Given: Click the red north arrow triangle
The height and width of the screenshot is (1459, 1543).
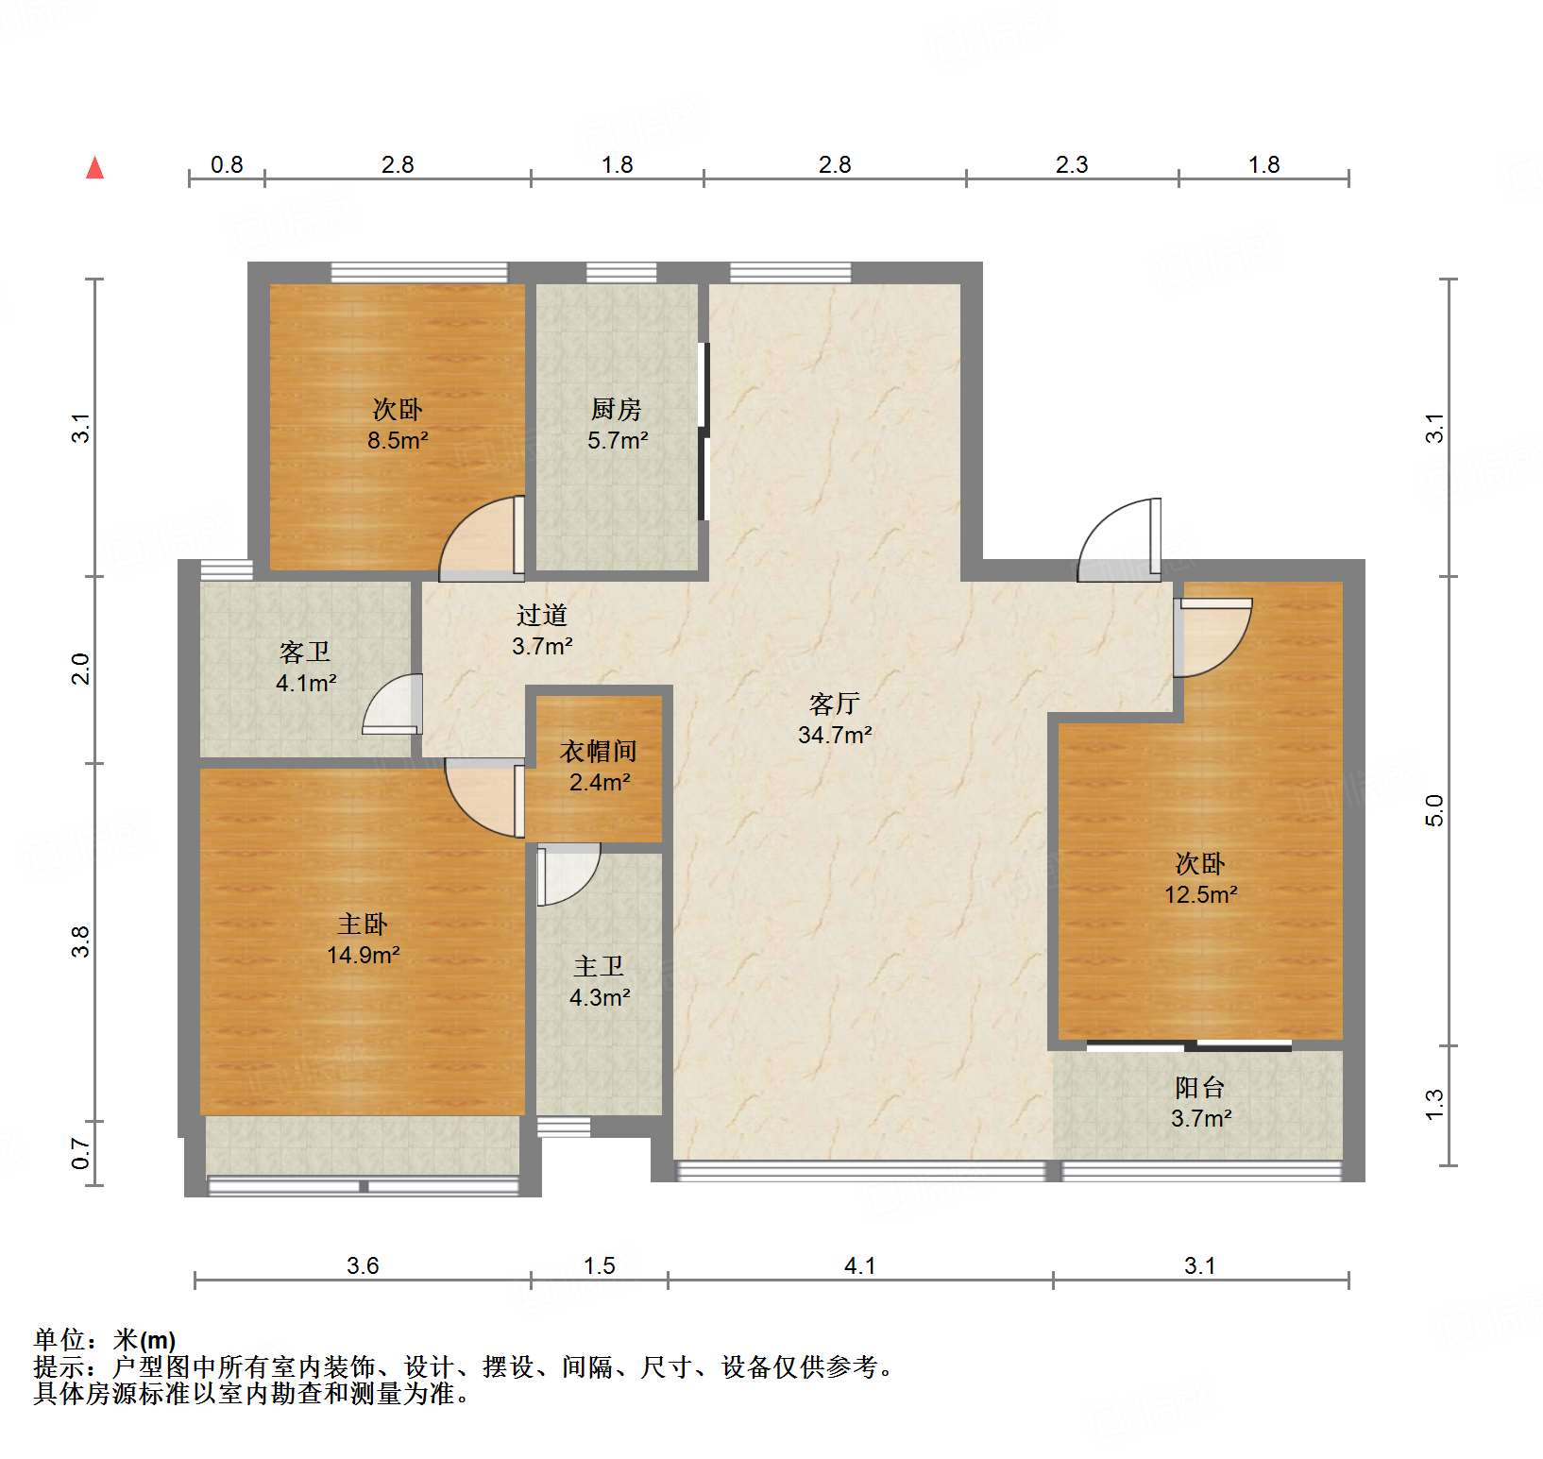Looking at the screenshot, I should pyautogui.click(x=94, y=168).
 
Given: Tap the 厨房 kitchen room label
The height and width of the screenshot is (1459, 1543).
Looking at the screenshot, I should pyautogui.click(x=616, y=409).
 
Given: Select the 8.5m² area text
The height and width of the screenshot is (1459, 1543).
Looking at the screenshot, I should pyautogui.click(x=398, y=440).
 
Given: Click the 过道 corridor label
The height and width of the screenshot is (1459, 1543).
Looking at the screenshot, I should pyautogui.click(x=541, y=615).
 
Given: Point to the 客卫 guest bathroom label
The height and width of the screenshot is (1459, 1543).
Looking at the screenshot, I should pyautogui.click(x=305, y=652).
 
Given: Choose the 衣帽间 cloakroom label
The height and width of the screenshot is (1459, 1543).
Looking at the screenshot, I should pyautogui.click(x=599, y=751).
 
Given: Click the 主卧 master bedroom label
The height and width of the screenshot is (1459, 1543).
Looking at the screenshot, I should pyautogui.click(x=363, y=924).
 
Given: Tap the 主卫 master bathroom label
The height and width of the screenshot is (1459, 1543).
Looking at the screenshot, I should pyautogui.click(x=599, y=966).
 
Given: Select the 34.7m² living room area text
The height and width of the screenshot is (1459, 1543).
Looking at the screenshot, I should pyautogui.click(x=834, y=735).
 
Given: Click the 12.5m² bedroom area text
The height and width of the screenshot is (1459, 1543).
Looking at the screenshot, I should pyautogui.click(x=1200, y=894).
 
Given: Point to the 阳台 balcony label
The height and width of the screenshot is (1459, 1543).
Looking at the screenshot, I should pyautogui.click(x=1199, y=1087).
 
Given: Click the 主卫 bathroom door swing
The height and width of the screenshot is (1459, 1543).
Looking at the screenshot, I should pyautogui.click(x=568, y=874).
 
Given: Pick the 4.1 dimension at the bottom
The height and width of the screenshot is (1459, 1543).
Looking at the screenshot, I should pyautogui.click(x=859, y=1265).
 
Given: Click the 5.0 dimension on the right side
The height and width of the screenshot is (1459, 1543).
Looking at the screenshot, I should pyautogui.click(x=1434, y=810).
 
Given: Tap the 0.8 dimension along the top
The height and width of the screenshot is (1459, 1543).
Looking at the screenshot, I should pyautogui.click(x=227, y=164).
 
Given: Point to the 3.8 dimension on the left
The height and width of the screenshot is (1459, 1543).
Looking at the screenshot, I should pyautogui.click(x=81, y=942).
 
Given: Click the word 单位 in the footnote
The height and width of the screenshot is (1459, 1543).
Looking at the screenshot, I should pyautogui.click(x=59, y=1339).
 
